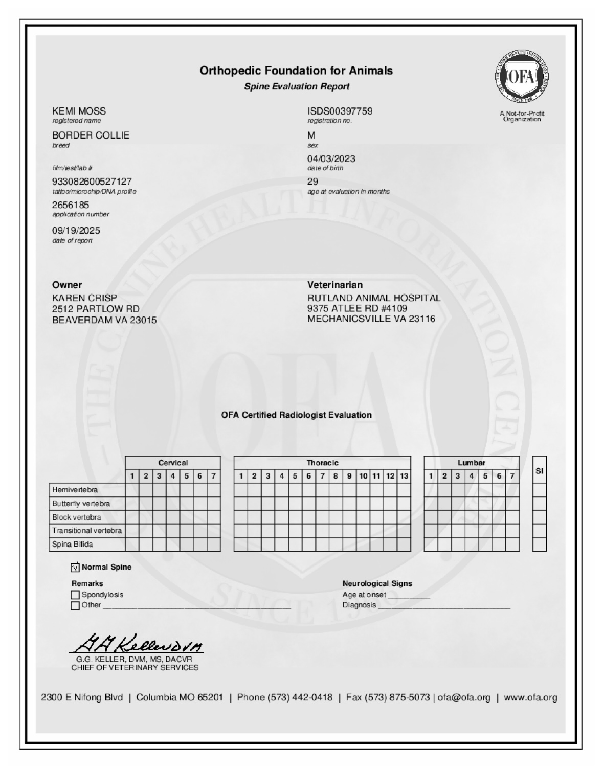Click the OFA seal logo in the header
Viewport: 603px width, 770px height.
[522, 77]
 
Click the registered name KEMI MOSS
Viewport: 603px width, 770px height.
[79, 111]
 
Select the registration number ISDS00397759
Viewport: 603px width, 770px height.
[340, 111]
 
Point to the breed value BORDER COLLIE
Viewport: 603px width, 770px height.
[91, 135]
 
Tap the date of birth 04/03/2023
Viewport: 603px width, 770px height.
[331, 158]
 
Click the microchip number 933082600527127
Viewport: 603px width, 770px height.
[92, 182]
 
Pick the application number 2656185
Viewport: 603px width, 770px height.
[71, 205]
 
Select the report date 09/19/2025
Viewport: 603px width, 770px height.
[76, 230]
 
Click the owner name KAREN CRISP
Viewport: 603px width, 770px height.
[84, 298]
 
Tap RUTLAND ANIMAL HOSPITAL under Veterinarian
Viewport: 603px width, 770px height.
[373, 298]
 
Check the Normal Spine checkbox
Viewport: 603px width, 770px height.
[75, 567]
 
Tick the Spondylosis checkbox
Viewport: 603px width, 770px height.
[75, 595]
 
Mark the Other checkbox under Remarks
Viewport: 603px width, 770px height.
[75, 605]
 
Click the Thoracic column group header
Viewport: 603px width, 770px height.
[322, 463]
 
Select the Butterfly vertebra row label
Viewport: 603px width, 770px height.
[81, 504]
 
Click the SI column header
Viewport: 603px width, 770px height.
[539, 471]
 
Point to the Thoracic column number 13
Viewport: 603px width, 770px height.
[404, 476]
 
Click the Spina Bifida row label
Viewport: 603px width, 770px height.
[73, 545]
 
